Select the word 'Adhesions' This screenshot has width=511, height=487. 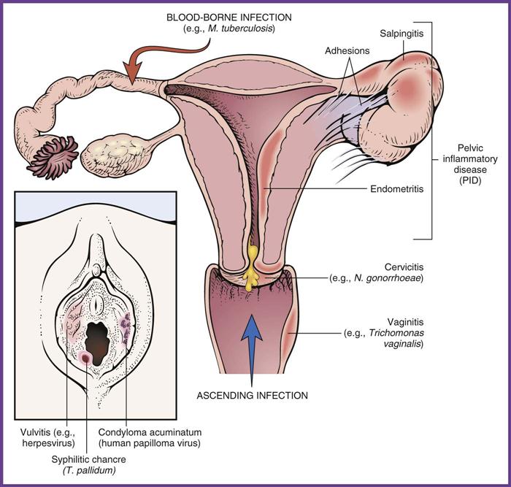pyautogui.click(x=347, y=52)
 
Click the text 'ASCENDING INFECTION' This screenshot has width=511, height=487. pyautogui.click(x=253, y=396)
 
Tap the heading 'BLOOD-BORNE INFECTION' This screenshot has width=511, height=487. pyautogui.click(x=238, y=17)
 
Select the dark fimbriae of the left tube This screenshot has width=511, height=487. pyautogui.click(x=54, y=156)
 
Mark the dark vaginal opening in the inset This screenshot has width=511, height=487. pyautogui.click(x=97, y=338)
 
